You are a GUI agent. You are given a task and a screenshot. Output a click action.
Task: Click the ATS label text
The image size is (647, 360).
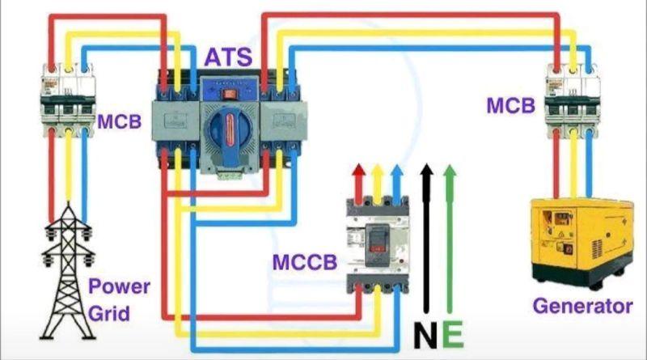pyautogui.click(x=228, y=57)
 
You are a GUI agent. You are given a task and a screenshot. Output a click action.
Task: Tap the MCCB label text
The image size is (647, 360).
pyautogui.click(x=305, y=262)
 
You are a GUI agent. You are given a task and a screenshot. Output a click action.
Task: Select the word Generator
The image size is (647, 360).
pyautogui.click(x=582, y=307)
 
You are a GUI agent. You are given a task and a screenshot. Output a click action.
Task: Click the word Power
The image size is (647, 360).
pyautogui.click(x=119, y=287)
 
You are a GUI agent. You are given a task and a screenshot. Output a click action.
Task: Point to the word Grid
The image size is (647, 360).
pyautogui.click(x=109, y=314)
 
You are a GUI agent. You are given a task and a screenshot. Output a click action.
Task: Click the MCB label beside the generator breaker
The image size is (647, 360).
pyautogui.click(x=511, y=106)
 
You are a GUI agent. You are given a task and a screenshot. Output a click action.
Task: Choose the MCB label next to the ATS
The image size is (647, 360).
pyautogui.click(x=120, y=122)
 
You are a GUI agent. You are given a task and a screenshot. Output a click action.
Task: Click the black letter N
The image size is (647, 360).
pyautogui.click(x=425, y=335)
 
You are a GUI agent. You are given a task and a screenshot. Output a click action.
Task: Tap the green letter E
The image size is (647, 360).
pyautogui.click(x=453, y=334)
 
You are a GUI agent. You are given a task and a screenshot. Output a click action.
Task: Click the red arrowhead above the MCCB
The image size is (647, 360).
pyautogui.click(x=359, y=170)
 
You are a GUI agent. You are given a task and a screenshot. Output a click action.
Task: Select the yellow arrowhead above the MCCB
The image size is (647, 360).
pyautogui.click(x=378, y=170)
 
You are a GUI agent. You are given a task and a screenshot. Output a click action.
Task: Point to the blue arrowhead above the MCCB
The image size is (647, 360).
pyautogui.click(x=396, y=170)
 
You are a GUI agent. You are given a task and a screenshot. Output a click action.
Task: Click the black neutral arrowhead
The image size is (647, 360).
pyautogui.click(x=427, y=170)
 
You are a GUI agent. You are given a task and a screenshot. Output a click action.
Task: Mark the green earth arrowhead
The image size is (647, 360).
pyautogui.click(x=450, y=170)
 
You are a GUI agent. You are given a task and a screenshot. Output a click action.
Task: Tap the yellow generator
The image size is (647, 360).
pyautogui.click(x=581, y=243)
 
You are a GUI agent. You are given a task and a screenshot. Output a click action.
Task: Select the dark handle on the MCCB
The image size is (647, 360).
pyautogui.click(x=377, y=245)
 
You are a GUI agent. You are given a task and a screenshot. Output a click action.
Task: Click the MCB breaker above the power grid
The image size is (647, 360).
pyautogui.click(x=68, y=100)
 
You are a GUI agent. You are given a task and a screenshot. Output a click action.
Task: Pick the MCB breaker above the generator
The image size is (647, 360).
pyautogui.click(x=573, y=101)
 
